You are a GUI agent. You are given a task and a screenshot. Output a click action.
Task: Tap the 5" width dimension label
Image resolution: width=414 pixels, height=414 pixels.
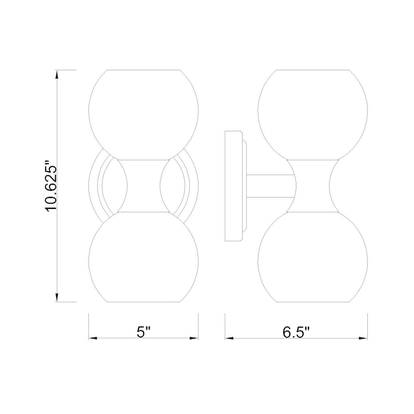click(144, 332)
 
